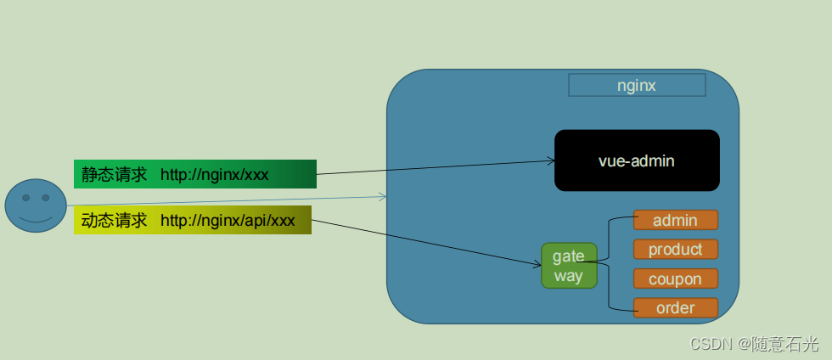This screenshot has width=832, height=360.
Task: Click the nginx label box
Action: point(637,86)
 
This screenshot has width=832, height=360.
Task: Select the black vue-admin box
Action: point(637,160)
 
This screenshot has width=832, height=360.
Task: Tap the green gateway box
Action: point(569,266)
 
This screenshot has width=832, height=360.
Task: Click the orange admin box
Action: point(676,221)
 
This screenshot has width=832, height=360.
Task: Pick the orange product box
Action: point(676,250)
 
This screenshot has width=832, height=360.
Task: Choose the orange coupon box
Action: point(676,278)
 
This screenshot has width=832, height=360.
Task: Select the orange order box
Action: point(676,307)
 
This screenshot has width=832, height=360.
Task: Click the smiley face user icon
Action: point(36,205)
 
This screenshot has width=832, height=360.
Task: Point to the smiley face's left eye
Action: point(25,198)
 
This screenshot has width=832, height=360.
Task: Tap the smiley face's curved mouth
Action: point(36,218)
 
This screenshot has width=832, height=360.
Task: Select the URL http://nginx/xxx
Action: point(215,175)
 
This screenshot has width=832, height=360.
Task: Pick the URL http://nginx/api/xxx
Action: point(228,221)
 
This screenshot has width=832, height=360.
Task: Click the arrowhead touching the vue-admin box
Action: point(549,160)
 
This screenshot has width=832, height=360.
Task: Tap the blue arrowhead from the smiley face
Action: point(383,197)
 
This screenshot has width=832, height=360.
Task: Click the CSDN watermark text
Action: point(755,344)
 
